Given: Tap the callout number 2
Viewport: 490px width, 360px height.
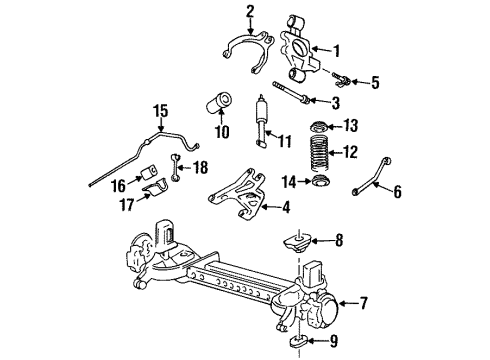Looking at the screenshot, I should pos(250,12).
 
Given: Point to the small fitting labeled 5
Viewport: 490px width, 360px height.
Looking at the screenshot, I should pos(339,79).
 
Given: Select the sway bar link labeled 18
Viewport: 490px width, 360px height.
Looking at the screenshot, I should pos(177,171).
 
